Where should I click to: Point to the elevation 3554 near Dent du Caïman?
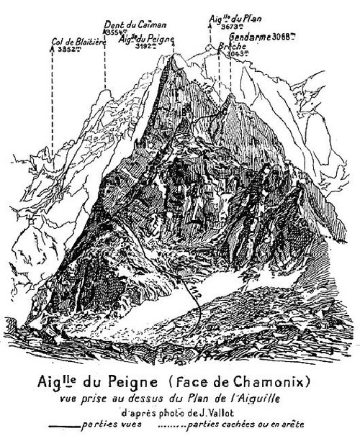(x=114, y=33)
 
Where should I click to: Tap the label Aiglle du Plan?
(x=230, y=18)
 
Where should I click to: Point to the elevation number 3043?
(x=237, y=52)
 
